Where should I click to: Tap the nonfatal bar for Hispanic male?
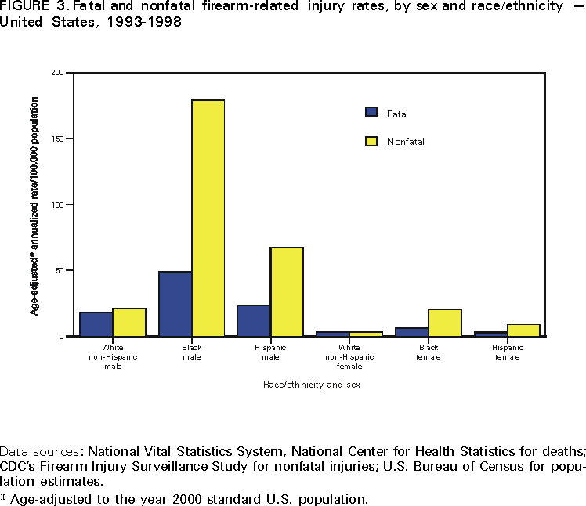click(x=287, y=291)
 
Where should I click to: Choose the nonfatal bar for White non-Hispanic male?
click(x=129, y=322)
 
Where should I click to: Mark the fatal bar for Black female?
click(x=412, y=331)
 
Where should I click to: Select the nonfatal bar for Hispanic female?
click(x=524, y=330)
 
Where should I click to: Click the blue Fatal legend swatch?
click(x=372, y=112)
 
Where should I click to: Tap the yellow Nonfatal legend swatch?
click(x=372, y=141)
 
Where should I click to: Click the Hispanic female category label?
click(x=508, y=352)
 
